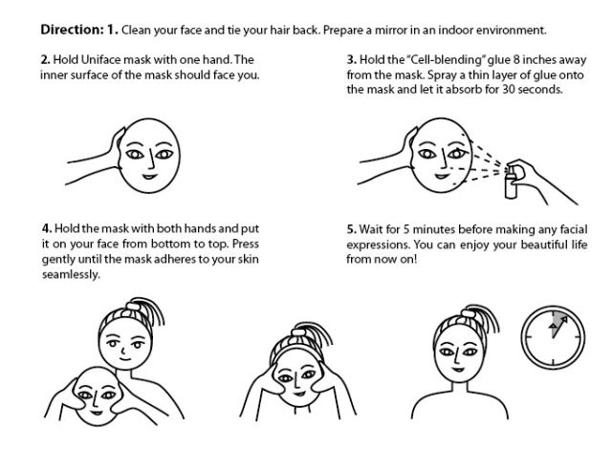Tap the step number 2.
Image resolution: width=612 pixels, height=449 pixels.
pyautogui.click(x=45, y=59)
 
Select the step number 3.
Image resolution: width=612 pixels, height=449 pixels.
pyautogui.click(x=351, y=59)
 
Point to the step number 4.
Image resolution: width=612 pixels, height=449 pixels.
pyautogui.click(x=45, y=229)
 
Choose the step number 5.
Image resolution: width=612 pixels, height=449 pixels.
pyautogui.click(x=351, y=229)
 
